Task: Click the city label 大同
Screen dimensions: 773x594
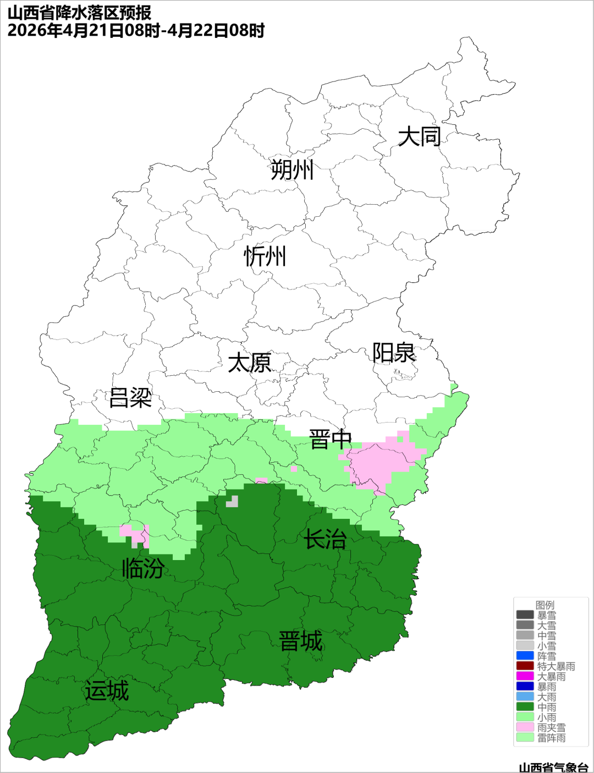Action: (419, 136)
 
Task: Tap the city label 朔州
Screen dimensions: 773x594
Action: (291, 169)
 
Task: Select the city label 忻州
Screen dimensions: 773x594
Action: (265, 256)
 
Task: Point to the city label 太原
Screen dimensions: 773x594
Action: (250, 363)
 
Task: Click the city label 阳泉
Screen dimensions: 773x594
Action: (394, 353)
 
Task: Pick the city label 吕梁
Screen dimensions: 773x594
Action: (130, 398)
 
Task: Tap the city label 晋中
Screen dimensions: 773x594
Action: (330, 440)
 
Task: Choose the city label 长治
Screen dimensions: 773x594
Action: (325, 539)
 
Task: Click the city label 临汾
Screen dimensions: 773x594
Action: (143, 568)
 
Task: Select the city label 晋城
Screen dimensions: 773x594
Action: (301, 642)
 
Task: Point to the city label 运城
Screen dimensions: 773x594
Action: (107, 691)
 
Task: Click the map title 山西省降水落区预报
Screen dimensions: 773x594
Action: (80, 13)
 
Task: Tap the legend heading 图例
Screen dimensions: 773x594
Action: (545, 605)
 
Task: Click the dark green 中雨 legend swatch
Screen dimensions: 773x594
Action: (525, 707)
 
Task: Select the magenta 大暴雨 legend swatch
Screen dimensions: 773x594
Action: (525, 676)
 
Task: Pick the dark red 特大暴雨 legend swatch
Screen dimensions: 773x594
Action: (525, 666)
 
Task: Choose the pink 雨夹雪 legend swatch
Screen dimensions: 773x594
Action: (525, 727)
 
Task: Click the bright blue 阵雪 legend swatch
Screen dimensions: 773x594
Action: (525, 656)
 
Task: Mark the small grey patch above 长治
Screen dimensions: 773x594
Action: (232, 501)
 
